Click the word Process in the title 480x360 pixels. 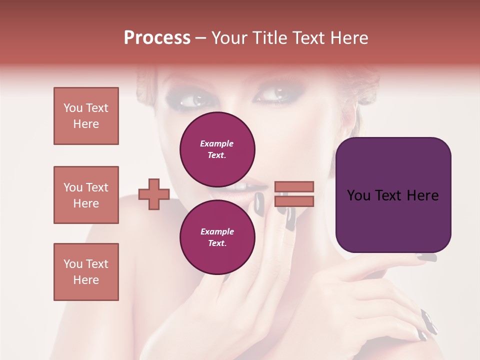(x=157, y=38)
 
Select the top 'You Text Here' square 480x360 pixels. (x=86, y=116)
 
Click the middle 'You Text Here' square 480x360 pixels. (x=86, y=195)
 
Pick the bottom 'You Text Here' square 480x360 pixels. (x=86, y=272)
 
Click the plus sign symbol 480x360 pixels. (x=154, y=194)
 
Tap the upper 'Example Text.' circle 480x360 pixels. (x=217, y=149)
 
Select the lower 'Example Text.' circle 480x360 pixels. (x=217, y=237)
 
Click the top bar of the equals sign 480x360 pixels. (x=294, y=186)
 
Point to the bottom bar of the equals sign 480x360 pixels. (x=294, y=201)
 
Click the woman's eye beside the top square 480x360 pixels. (x=192, y=100)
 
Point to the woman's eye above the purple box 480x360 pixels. (x=272, y=93)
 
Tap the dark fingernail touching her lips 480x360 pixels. (x=259, y=203)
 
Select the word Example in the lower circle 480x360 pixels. (x=217, y=231)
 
